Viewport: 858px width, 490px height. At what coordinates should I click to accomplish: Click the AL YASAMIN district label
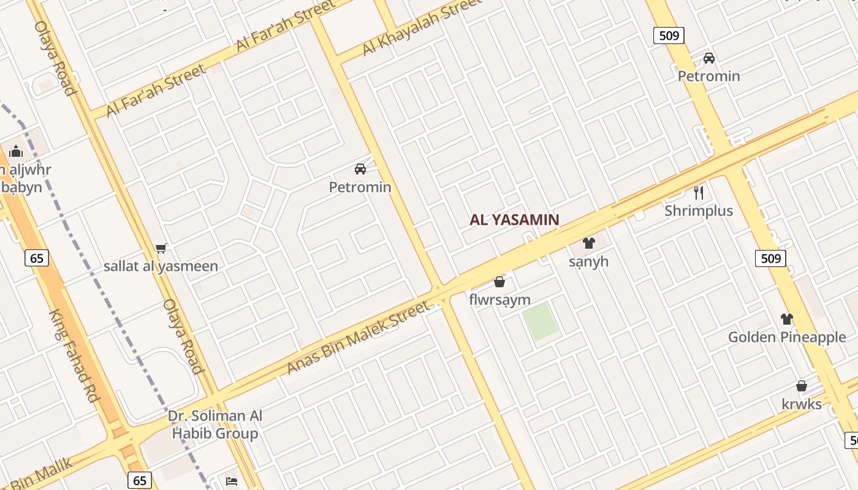(514, 220)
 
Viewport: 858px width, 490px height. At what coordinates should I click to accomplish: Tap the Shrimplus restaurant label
(699, 211)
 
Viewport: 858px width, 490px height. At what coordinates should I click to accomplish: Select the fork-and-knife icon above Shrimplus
(699, 193)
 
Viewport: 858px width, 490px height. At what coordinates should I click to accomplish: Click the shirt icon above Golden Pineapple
(787, 319)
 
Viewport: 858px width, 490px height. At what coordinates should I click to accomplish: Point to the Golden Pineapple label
(787, 337)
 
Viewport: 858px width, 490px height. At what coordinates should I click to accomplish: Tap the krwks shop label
(801, 404)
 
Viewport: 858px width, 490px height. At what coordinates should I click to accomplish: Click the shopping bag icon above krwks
(801, 386)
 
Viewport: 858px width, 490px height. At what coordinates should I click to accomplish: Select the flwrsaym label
(499, 300)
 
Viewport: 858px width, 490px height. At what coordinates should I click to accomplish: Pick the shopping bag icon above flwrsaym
(499, 282)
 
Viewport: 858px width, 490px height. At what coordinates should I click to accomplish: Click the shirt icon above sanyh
(589, 243)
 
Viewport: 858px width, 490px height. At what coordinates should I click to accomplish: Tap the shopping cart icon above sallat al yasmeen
(161, 248)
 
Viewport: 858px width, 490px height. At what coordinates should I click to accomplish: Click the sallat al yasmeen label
(161, 266)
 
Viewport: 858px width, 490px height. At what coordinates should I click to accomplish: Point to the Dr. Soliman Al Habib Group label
(214, 425)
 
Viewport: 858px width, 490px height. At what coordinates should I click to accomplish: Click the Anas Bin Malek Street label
(359, 337)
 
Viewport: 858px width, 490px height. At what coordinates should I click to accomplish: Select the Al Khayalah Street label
(422, 28)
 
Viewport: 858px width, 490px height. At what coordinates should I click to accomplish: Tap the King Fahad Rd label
(74, 355)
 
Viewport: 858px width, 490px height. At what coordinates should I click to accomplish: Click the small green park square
(541, 322)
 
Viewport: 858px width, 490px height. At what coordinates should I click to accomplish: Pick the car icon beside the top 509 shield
(709, 58)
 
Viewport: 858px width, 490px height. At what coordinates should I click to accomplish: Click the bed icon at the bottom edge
(232, 481)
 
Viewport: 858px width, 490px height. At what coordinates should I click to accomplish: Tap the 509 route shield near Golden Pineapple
(770, 258)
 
